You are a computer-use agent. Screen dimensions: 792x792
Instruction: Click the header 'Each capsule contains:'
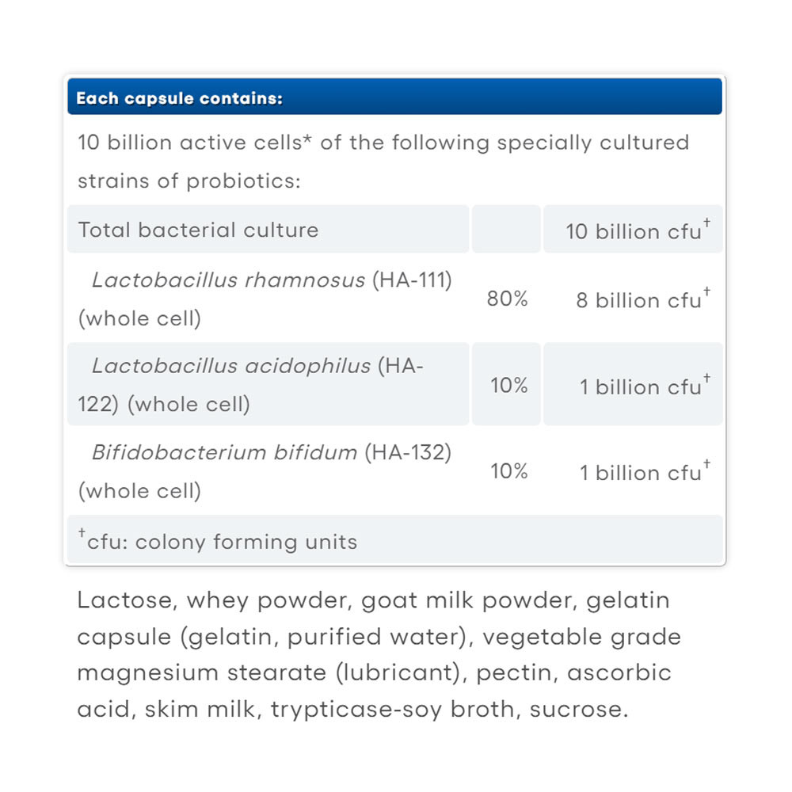coord(180,99)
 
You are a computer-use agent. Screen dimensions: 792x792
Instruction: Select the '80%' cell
coord(508,299)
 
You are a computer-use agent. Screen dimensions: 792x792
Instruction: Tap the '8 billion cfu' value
coord(638,301)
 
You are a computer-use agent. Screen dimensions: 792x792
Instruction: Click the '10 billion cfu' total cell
coord(634,231)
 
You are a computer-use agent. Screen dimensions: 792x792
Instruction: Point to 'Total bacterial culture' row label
coord(198,230)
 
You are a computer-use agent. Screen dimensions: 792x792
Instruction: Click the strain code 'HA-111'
coord(412,280)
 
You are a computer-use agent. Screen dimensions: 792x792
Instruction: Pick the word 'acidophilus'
coord(310,366)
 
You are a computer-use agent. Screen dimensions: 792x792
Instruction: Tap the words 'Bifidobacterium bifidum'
coord(225,452)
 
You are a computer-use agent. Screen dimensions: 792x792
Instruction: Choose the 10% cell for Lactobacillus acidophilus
coord(508,386)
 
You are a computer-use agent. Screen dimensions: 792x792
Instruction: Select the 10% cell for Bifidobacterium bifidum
coord(508,472)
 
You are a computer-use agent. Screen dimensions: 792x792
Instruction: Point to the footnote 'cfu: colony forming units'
coord(222,542)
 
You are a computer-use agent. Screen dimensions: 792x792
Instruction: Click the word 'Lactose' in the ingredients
coord(127,600)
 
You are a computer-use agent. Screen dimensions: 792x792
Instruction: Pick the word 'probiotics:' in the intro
coord(243,181)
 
